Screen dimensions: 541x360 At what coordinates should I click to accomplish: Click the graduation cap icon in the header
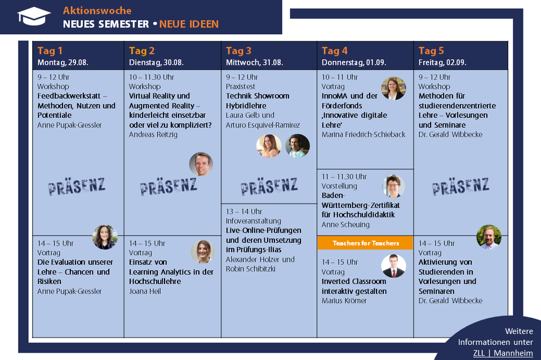pos(34,16)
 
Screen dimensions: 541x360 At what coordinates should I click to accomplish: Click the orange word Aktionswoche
pos(97,11)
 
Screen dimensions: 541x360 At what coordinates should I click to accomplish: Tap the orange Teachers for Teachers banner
pos(365,243)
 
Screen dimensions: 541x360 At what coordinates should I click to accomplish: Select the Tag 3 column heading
pos(238,51)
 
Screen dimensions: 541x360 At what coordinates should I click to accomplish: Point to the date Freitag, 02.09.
pos(442,63)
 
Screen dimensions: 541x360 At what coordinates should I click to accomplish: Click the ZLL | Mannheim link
pos(503,353)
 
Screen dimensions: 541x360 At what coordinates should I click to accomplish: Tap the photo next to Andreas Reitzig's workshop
pos(201,164)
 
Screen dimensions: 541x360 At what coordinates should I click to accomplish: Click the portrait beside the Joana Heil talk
pos(202,252)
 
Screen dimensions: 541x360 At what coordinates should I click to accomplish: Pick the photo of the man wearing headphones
pos(298,146)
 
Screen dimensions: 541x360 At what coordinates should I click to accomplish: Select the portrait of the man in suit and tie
pos(393,266)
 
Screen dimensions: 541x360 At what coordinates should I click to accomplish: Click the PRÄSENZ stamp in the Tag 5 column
pos(460,186)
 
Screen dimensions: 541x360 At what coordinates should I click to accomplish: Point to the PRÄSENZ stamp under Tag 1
pos(77,186)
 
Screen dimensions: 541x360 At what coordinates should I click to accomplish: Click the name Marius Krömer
pos(344,301)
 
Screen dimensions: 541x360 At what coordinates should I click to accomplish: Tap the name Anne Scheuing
pos(345,225)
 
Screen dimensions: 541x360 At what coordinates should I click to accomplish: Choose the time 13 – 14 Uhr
pos(243,211)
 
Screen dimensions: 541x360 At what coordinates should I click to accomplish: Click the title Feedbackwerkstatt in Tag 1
pos(69,96)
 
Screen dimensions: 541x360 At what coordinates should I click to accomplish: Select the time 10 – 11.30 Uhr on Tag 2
pos(152,77)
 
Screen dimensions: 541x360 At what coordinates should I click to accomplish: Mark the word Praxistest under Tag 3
pos(241,87)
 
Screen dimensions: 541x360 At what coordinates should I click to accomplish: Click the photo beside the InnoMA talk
pos(393,88)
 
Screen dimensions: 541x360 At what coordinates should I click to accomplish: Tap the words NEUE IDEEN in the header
pos(189,24)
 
